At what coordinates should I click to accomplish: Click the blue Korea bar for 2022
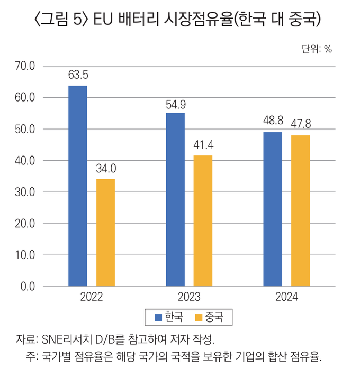click(78, 186)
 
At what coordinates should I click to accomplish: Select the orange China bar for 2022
click(105, 233)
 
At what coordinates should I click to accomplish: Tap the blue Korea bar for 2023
click(175, 199)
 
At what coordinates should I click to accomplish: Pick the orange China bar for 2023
click(203, 220)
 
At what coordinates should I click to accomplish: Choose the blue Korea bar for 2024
click(273, 209)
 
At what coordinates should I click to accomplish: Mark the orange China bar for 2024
click(300, 210)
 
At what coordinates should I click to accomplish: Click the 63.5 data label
click(78, 75)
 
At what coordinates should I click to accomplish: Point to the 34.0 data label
click(106, 168)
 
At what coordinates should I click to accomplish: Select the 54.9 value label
click(175, 102)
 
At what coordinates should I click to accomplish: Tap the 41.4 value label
click(203, 144)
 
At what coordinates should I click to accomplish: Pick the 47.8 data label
click(301, 124)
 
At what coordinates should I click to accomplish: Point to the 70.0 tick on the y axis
click(25, 66)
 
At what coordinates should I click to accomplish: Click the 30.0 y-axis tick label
click(25, 192)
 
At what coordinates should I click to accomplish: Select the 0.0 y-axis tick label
click(27, 287)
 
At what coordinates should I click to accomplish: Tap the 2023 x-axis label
click(189, 297)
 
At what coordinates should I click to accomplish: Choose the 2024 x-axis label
click(286, 297)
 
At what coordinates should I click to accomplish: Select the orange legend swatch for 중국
click(200, 318)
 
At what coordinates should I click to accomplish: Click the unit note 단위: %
click(317, 49)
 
